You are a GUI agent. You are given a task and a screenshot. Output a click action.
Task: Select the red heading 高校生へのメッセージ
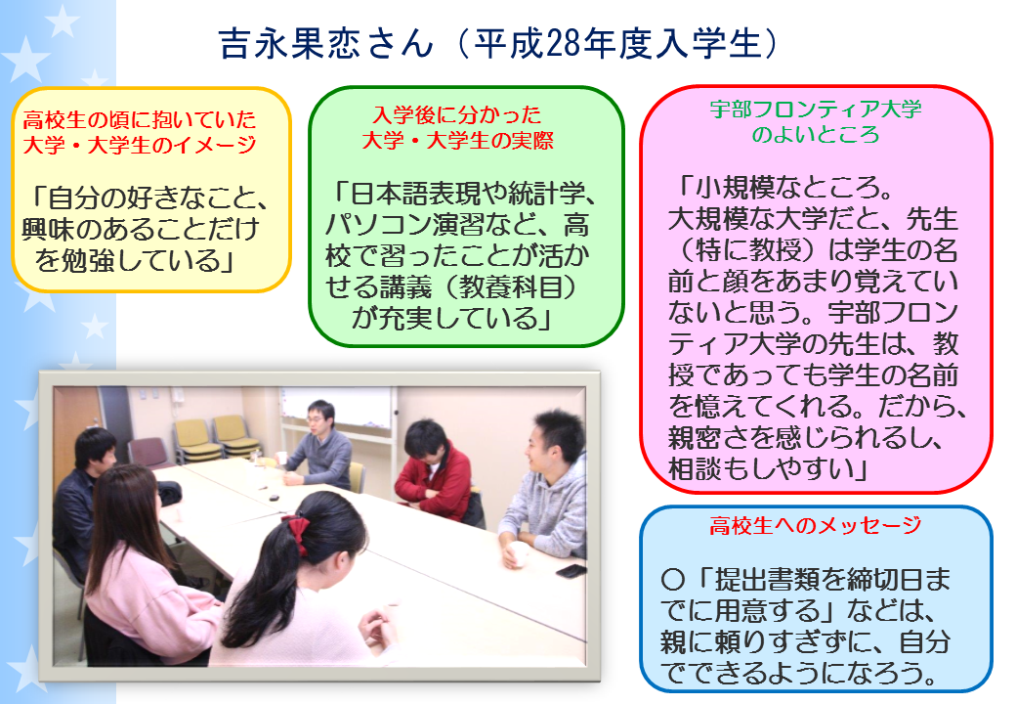pyautogui.click(x=815, y=525)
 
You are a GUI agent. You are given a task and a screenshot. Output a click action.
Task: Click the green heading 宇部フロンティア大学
pyautogui.click(x=816, y=109)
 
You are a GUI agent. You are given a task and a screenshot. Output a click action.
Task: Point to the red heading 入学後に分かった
pyautogui.click(x=457, y=114)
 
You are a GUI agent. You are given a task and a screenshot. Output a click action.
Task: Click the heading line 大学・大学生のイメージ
pyautogui.click(x=140, y=145)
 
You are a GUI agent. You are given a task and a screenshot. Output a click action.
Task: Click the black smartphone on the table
pyautogui.click(x=571, y=571)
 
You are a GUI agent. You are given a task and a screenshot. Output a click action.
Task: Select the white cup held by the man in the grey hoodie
pyautogui.click(x=519, y=553)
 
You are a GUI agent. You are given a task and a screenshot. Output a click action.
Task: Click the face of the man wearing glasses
pyautogui.click(x=318, y=419)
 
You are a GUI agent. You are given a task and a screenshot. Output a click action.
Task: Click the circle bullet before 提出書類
pyautogui.click(x=673, y=579)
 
